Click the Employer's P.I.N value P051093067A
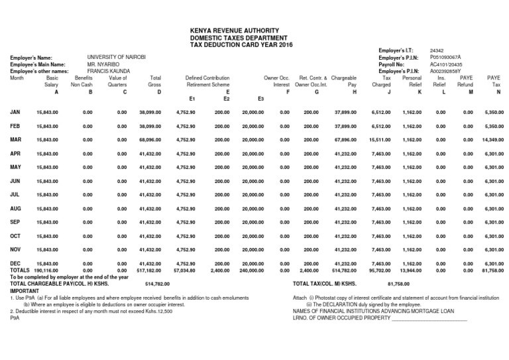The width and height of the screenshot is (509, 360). (x=445, y=58)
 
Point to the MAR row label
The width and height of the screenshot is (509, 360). (x=17, y=140)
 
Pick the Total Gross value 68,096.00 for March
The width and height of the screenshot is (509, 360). (x=151, y=141)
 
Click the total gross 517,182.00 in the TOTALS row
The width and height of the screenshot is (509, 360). (x=150, y=270)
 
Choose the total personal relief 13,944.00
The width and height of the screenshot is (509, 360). (x=412, y=270)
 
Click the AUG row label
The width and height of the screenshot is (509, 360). (x=17, y=208)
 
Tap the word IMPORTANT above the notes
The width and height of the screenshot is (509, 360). (x=24, y=290)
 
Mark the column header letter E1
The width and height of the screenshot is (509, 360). (x=192, y=98)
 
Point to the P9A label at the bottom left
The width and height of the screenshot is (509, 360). (x=15, y=317)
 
